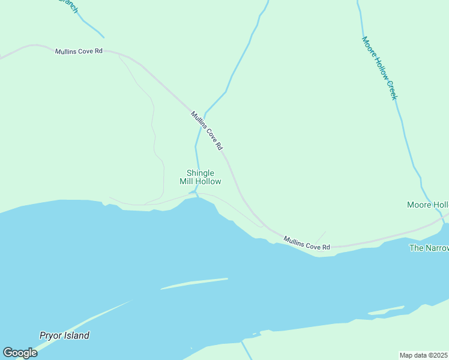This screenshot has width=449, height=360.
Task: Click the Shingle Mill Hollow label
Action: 200,177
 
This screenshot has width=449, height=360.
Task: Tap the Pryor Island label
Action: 64,335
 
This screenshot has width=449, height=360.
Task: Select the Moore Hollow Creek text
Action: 379,67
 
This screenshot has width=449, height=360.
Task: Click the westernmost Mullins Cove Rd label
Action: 79,52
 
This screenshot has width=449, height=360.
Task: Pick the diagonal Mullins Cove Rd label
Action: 207,130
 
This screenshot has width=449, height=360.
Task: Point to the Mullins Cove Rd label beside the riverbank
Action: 307,242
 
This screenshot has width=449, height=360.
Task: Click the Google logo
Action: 20,353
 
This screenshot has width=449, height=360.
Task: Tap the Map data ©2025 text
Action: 424,355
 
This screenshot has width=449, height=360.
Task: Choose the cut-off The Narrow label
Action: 429,248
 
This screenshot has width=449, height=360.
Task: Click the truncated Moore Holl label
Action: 427,205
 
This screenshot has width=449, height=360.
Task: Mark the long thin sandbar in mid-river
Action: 194,283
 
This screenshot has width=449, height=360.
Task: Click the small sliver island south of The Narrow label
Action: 385,311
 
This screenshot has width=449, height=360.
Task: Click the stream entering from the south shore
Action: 246,350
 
